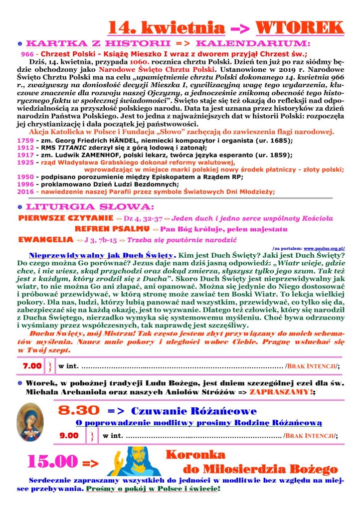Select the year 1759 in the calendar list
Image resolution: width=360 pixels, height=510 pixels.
pos(25,141)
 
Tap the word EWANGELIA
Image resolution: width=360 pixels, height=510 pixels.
pos(46,240)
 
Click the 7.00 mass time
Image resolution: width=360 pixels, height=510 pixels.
pos(32,366)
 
